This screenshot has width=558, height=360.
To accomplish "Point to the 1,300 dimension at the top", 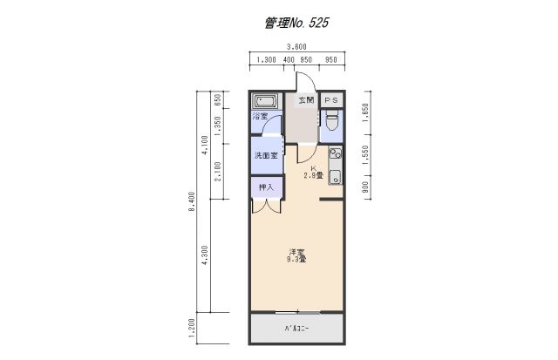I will coord(268,61).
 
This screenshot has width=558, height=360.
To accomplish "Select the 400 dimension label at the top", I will coord(289,61).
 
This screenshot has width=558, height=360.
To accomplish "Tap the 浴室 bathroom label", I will coord(260,116).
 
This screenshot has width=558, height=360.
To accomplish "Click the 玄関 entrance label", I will coord(305,101).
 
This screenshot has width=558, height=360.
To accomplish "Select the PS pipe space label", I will coord(330,101).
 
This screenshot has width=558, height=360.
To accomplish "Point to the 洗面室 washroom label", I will coord(265,156).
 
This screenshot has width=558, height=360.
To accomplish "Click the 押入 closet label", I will coord(266,187).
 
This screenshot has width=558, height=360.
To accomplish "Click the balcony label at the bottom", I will coord(296,329).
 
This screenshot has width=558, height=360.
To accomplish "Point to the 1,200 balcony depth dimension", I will coord(192,329).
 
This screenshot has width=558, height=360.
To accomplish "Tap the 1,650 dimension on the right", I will coord(367,113).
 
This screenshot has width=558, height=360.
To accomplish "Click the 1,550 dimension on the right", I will coord(367,154).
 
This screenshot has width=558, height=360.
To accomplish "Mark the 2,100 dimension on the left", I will coord(219,172).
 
